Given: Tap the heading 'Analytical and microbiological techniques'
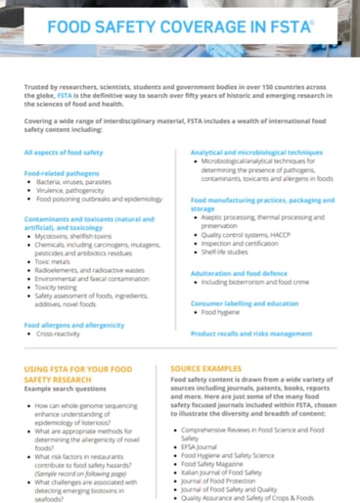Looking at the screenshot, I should click(x=255, y=154).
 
